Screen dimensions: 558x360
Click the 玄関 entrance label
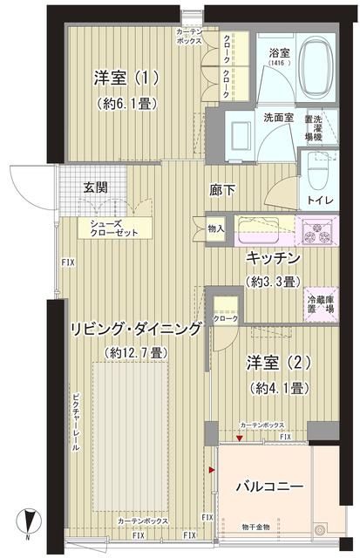[x=96, y=186]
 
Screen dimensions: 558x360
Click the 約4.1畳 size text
[x=268, y=386]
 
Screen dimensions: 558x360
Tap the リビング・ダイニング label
[x=136, y=329]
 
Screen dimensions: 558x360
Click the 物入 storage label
[x=217, y=229]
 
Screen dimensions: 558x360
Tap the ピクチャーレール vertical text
[x=76, y=418]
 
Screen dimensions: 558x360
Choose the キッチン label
[x=273, y=260]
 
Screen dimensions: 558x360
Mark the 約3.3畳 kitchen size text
[x=273, y=282]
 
